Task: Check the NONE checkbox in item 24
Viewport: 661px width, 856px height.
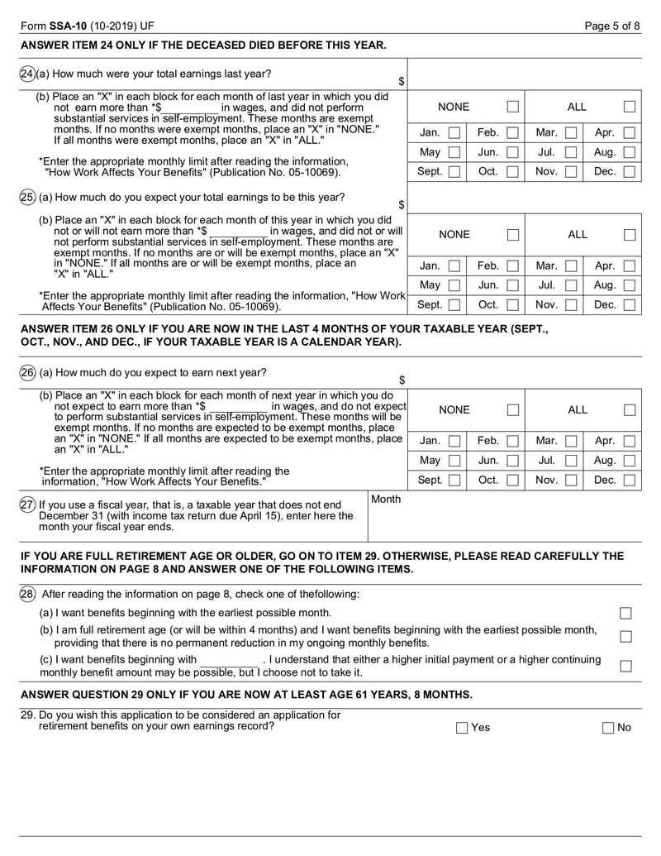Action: (x=513, y=107)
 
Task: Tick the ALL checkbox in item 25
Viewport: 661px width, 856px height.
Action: (x=630, y=235)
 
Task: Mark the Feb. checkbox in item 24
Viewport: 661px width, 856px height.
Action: (x=513, y=132)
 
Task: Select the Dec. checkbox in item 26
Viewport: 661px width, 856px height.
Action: (x=630, y=480)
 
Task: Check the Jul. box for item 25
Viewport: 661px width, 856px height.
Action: (x=571, y=285)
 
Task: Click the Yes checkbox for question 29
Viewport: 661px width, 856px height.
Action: (x=462, y=728)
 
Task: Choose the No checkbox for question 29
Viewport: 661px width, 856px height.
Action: (x=609, y=728)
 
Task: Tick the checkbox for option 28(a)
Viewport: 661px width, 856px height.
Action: (x=625, y=613)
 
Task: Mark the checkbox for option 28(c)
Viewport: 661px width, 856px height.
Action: (x=625, y=666)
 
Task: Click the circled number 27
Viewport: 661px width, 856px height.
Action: (x=26, y=505)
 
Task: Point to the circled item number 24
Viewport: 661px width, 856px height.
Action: (x=26, y=74)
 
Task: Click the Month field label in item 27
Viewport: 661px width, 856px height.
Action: (x=386, y=500)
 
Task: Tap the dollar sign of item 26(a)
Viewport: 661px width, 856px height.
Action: (x=402, y=380)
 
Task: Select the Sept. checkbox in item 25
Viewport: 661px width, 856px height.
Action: (x=454, y=305)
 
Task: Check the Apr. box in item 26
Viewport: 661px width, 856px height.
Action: (x=630, y=442)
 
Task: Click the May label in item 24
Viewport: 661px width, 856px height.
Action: (x=430, y=152)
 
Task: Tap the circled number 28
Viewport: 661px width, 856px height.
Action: (x=26, y=594)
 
